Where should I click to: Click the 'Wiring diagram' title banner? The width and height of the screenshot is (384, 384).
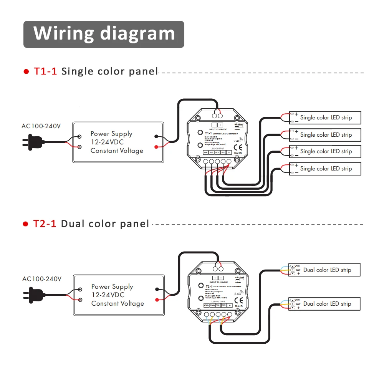click(x=104, y=34)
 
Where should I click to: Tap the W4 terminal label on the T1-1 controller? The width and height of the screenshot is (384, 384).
click(x=205, y=152)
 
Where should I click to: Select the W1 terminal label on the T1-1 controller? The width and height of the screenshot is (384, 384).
click(x=223, y=152)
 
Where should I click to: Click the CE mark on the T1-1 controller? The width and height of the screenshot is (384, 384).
click(x=238, y=146)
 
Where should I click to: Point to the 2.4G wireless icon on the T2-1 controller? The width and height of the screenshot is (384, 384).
click(x=238, y=293)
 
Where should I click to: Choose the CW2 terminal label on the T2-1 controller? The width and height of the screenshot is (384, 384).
click(x=206, y=305)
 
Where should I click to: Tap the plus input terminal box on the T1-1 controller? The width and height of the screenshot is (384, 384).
click(x=220, y=125)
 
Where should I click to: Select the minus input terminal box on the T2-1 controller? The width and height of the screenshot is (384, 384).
click(x=215, y=278)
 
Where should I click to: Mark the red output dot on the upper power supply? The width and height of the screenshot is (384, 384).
click(x=156, y=147)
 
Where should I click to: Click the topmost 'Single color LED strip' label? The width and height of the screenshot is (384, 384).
click(x=326, y=118)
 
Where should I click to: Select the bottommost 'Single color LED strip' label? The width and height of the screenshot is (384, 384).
click(x=326, y=169)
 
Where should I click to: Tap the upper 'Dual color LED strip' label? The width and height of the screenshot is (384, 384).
click(x=327, y=270)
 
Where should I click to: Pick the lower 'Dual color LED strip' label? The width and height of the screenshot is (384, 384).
click(x=327, y=304)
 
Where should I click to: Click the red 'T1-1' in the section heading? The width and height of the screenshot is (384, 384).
click(x=45, y=71)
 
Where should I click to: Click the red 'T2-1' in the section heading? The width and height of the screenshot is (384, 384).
click(x=45, y=224)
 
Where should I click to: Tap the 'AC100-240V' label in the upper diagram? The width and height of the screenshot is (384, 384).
click(x=41, y=126)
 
